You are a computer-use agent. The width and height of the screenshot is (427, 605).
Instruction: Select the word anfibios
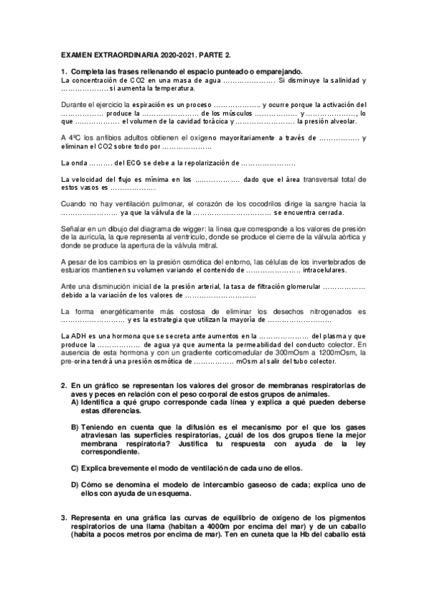coord(102,138)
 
